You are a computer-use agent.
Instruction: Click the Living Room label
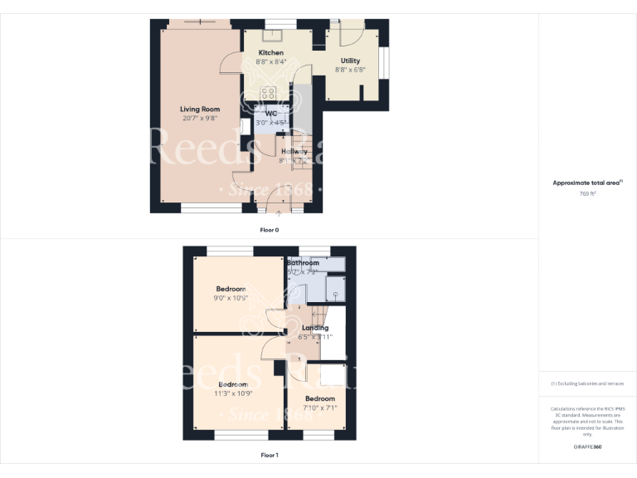pos(200,109)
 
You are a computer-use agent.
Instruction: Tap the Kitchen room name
pos(270,52)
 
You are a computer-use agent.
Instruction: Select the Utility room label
pos(350,61)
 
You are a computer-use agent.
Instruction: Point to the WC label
pos(270,113)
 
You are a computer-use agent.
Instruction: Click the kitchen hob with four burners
pos(269,93)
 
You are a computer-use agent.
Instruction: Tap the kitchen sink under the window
pos(271,35)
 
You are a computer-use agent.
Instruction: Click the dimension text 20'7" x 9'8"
pos(200,118)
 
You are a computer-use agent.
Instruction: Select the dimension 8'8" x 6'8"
pos(350,70)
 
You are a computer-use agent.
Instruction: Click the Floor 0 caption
pos(270,229)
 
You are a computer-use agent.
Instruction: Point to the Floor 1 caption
pos(270,455)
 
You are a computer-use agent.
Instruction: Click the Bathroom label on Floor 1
pos(303,263)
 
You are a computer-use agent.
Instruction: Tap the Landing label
pos(315,328)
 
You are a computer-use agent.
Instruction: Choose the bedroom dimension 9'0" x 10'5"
pos(231,298)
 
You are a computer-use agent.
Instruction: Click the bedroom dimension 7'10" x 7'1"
pos(319,407)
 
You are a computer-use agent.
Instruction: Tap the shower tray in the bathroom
pos(337,287)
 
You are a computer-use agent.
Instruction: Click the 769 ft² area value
pos(587,193)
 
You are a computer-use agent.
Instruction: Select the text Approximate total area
pos(586,183)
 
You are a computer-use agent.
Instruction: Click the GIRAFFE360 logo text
pos(587,447)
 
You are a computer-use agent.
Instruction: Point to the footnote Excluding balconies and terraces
pos(587,383)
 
